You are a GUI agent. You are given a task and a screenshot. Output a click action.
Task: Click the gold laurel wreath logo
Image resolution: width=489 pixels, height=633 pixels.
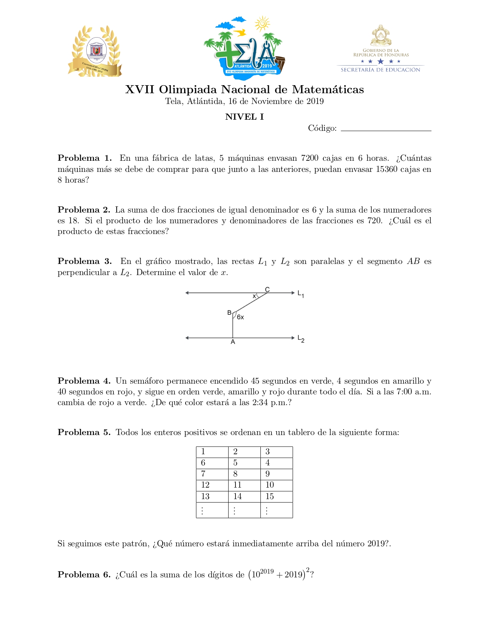coord(95,51)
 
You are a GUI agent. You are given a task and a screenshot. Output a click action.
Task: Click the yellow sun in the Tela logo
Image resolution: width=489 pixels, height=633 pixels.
coord(262,24)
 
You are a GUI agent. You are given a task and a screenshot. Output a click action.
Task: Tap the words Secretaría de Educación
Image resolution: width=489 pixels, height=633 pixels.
coord(380,70)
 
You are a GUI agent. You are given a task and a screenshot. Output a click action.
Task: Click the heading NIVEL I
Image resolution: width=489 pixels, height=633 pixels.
coord(244,117)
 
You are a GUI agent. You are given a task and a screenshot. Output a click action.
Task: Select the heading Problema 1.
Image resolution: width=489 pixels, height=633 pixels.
coord(84,158)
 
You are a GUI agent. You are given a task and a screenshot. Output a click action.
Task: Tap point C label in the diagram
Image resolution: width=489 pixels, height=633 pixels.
coord(267,290)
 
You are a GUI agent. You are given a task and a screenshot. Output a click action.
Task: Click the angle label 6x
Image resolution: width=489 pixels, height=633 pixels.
coord(240,317)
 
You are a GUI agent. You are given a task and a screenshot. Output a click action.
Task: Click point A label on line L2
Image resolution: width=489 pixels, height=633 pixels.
coord(233,342)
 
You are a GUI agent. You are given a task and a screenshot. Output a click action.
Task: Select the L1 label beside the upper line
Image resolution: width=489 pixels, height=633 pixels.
coord(301,294)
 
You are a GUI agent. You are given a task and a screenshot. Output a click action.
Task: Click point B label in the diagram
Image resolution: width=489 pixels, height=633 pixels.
coord(229,313)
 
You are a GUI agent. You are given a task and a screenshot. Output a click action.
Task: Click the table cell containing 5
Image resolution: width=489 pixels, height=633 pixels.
coord(244,463)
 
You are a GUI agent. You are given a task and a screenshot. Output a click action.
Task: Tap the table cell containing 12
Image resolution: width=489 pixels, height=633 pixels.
coord(212,485)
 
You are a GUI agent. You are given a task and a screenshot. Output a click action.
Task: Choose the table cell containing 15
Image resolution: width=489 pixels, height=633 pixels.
coord(277,496)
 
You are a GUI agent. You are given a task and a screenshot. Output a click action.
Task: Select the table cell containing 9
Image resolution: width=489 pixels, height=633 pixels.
coord(277,474)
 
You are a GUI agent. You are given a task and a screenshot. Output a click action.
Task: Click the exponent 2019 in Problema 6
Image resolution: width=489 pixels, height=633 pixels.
coord(267,572)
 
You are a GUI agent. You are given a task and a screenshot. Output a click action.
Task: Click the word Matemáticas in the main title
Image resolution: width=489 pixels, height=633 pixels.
coord(328,90)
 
